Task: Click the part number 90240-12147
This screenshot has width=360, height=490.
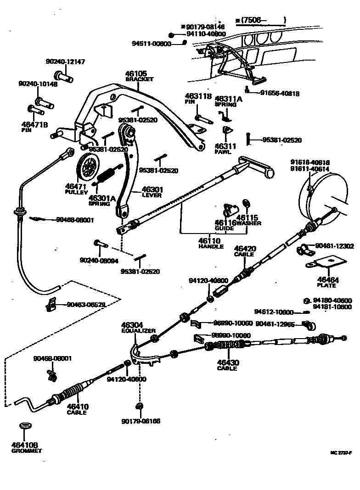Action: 65,61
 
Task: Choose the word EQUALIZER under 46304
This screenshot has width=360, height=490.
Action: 139,330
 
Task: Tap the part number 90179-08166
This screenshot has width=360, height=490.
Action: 141,421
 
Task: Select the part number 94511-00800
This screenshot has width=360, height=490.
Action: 151,44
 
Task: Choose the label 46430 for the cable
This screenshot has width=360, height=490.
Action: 228,362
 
